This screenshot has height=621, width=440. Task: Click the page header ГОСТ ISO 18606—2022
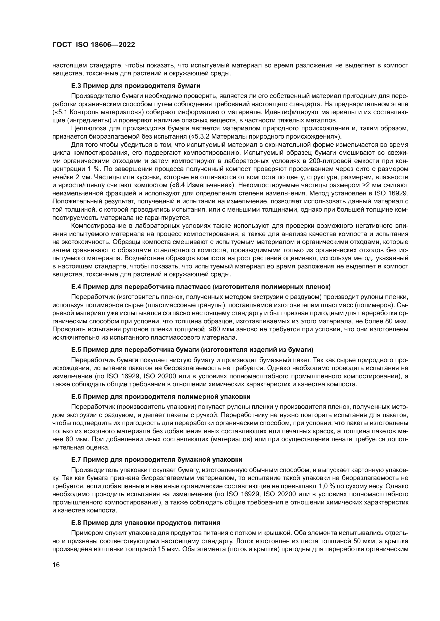(93, 45)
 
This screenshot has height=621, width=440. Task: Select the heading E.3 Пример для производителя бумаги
(136, 86)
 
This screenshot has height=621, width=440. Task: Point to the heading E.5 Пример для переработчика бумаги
(192, 350)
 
